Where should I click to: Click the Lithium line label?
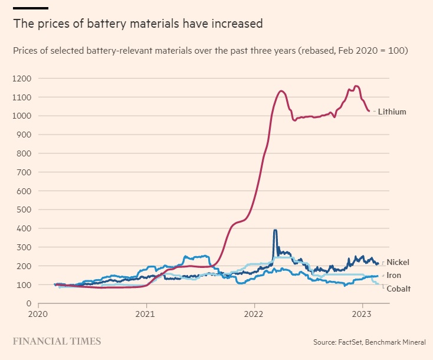click(392, 112)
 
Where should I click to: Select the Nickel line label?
click(398, 262)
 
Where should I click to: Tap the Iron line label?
click(393, 275)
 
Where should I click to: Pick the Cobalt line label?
click(398, 289)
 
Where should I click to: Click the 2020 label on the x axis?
click(38, 315)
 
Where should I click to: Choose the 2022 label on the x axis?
click(254, 315)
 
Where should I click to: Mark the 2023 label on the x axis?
click(362, 315)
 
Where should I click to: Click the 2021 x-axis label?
click(146, 315)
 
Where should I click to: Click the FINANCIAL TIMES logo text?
click(57, 341)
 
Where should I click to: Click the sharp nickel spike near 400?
click(275, 231)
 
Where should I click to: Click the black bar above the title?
click(31, 8)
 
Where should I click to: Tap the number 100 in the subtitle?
click(398, 51)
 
